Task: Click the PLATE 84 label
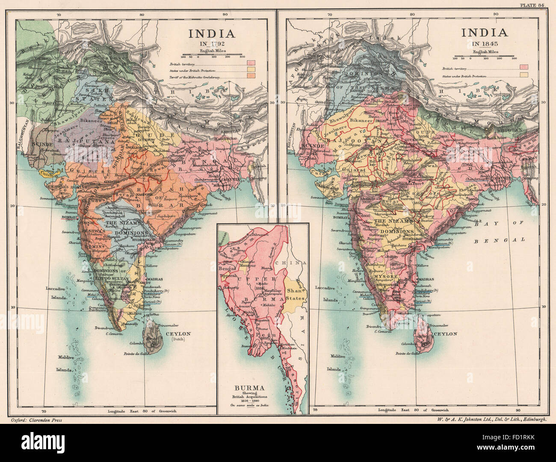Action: click(535, 5)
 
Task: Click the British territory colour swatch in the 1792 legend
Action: click(251, 63)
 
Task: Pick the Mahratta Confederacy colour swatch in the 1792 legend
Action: click(251, 75)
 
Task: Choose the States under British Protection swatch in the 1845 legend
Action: click(523, 75)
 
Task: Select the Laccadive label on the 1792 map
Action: click(54, 289)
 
